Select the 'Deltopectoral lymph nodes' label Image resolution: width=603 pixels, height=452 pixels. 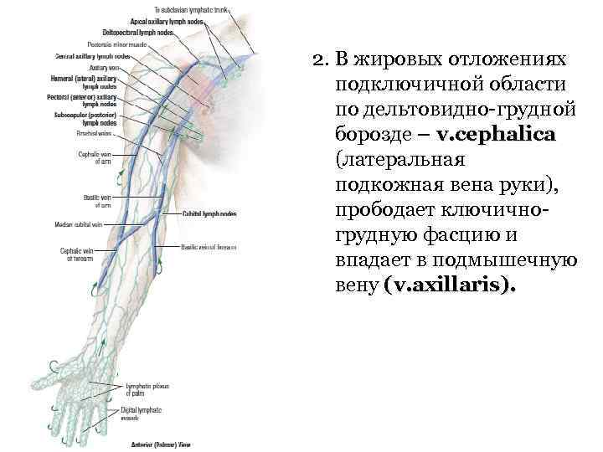(x=137, y=32)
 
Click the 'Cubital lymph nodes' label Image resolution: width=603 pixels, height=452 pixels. (x=209, y=213)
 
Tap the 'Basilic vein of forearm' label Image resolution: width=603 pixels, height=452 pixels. (x=209, y=248)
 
